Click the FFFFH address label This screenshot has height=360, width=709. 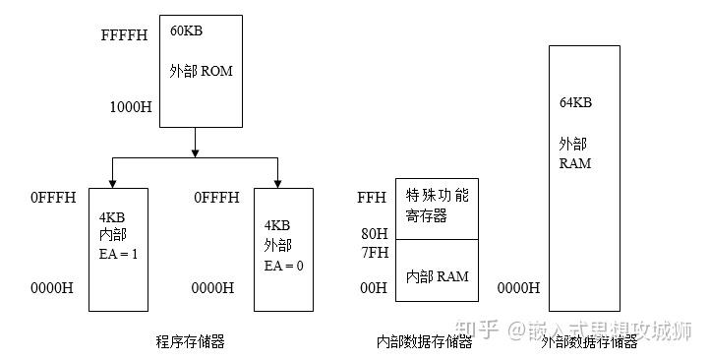point(124,36)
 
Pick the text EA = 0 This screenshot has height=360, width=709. point(282,266)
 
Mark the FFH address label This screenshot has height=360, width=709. point(372,198)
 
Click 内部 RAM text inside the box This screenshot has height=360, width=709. point(437,276)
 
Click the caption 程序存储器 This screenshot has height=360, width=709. point(190,341)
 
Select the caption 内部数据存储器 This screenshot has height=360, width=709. point(424,341)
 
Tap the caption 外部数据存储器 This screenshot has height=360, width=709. point(589,341)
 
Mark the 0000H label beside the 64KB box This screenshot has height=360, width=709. point(518,288)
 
